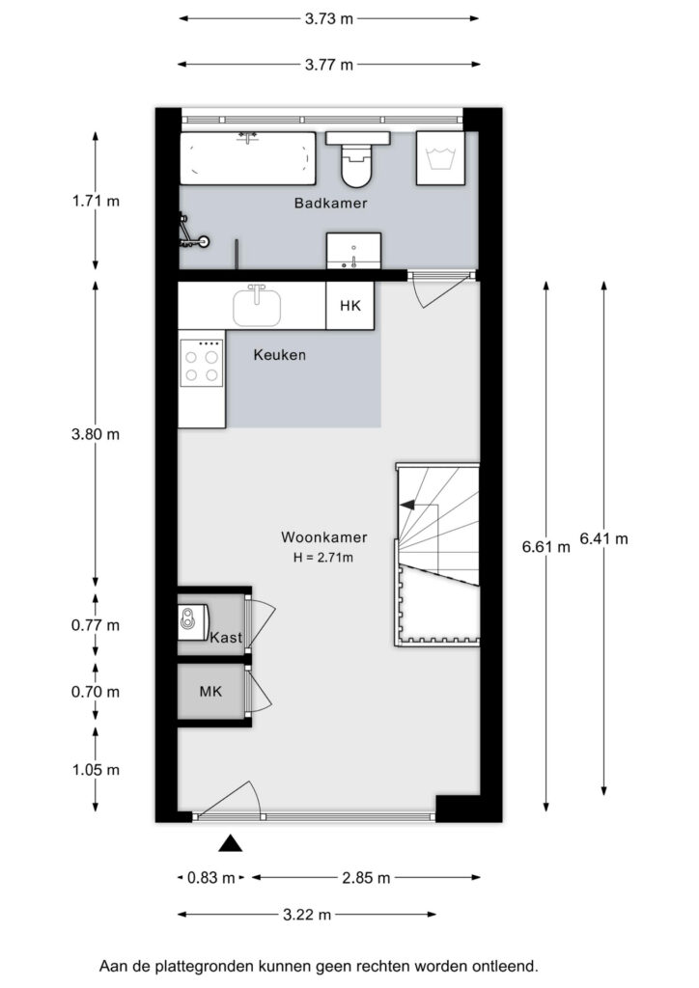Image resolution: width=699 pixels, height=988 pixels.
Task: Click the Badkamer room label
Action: click(330, 203)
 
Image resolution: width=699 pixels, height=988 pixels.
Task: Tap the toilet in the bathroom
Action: click(357, 159)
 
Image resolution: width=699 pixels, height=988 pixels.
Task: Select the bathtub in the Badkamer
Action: click(247, 158)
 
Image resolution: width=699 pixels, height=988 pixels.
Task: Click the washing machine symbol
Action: click(440, 158)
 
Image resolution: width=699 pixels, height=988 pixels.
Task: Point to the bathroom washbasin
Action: click(353, 250)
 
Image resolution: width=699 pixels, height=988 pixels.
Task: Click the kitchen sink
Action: click(257, 306)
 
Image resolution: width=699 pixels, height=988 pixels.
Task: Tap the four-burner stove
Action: click(202, 363)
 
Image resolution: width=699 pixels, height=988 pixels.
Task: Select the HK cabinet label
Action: click(350, 306)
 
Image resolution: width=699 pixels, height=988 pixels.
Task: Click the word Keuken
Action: click(280, 355)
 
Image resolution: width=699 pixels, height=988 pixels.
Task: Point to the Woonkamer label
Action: click(324, 537)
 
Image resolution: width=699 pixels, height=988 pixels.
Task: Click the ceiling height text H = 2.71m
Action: click(322, 557)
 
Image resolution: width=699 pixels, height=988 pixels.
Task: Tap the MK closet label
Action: click(210, 691)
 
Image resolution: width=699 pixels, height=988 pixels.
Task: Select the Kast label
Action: click(226, 637)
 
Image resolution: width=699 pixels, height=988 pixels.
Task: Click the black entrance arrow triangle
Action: click(230, 843)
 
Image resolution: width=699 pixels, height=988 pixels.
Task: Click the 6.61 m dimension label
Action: click(545, 547)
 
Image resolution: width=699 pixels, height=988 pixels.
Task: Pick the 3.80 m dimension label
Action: click(96, 434)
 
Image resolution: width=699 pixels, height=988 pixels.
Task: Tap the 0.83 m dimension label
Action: click(211, 878)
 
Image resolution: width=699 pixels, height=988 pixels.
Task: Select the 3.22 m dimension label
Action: click(307, 915)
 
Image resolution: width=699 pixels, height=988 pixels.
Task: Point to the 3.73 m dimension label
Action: click(329, 19)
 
